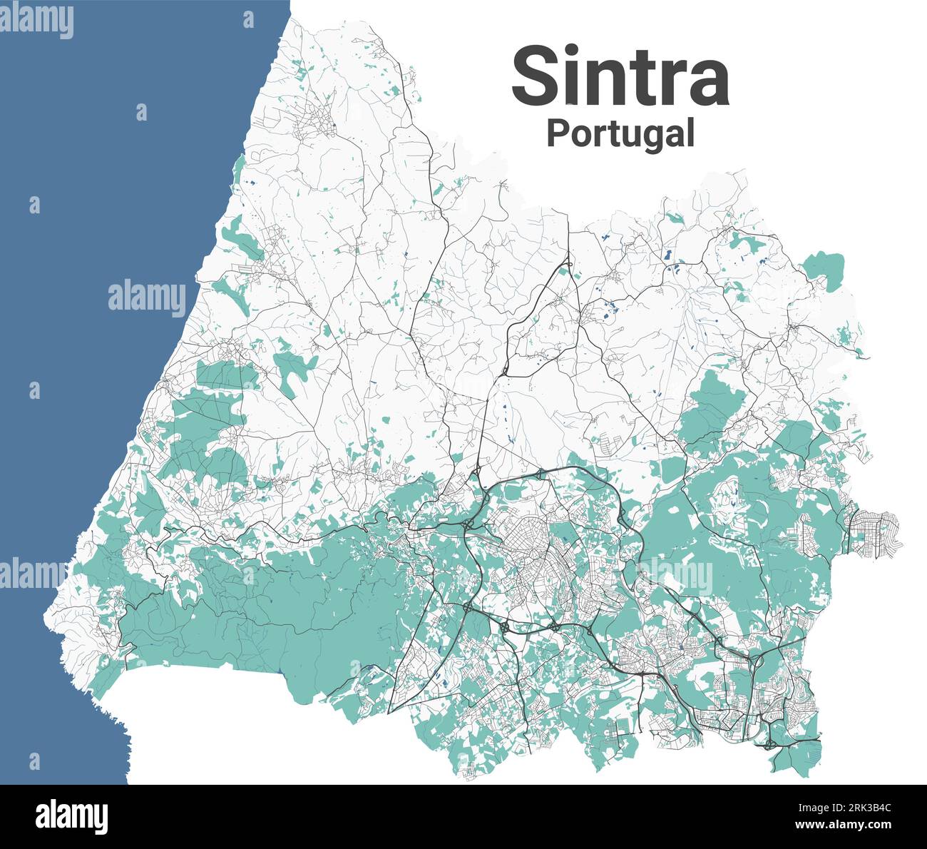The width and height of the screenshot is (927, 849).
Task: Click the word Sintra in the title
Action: (620, 76)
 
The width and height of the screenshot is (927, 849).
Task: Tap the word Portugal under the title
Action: (620, 133)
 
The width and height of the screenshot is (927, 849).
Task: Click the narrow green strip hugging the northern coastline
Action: (237, 171)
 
